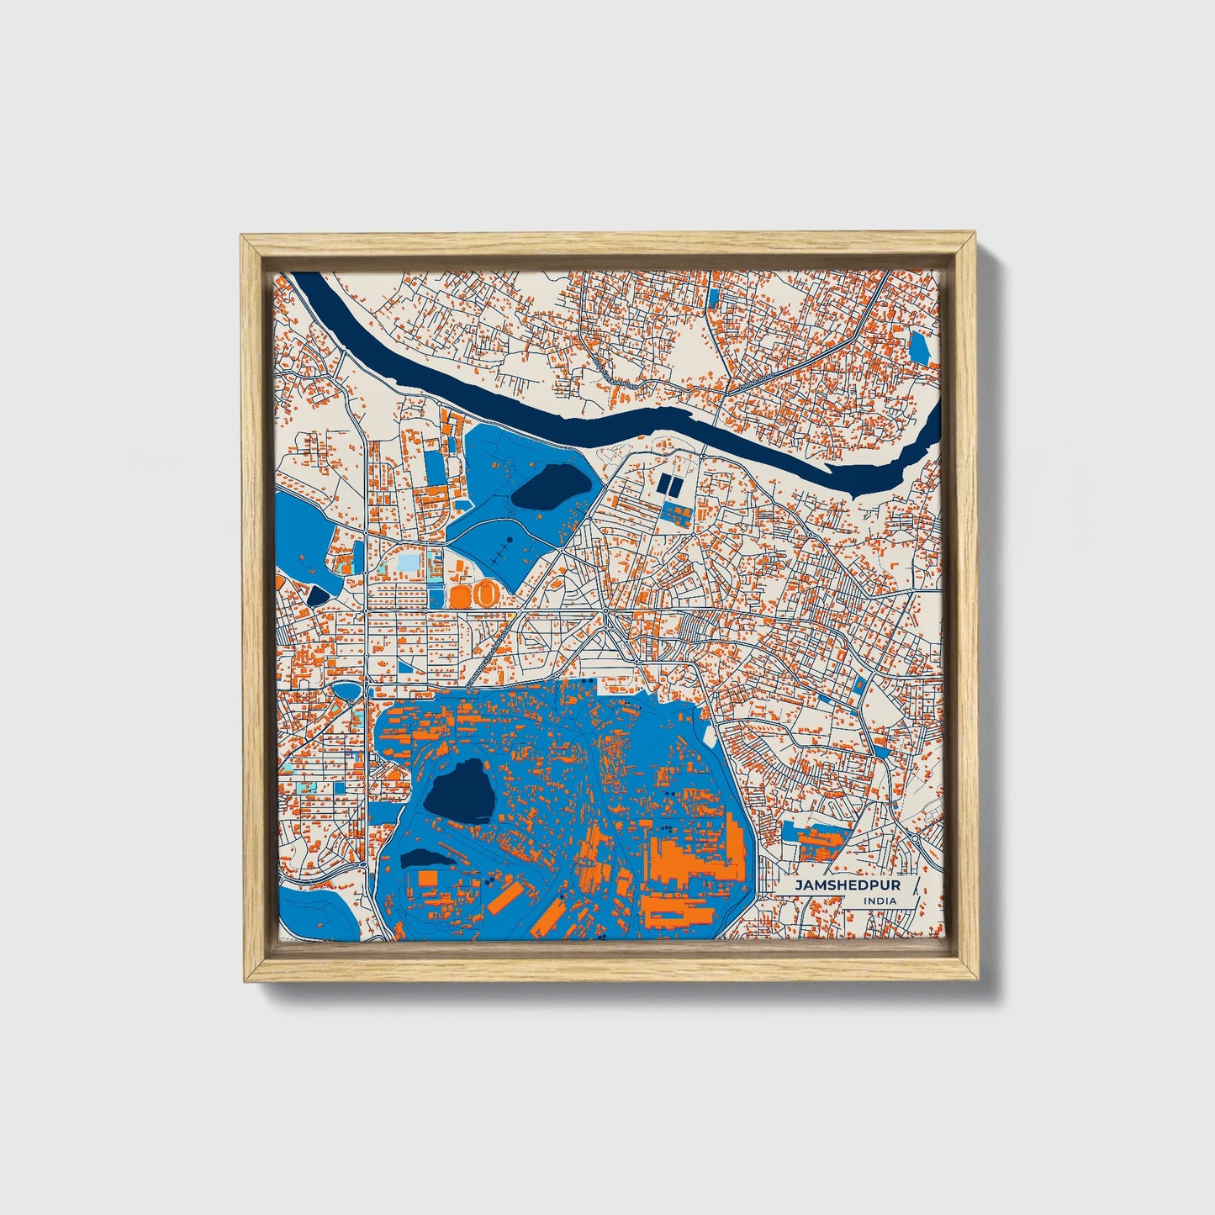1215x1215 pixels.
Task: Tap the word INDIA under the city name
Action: [x=880, y=901]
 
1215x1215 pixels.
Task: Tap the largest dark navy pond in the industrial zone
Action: [x=457, y=790]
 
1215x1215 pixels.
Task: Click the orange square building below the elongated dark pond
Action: [x=427, y=878]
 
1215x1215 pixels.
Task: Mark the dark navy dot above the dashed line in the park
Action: [x=509, y=539]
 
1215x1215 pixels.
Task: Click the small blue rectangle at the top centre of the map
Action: [x=714, y=297]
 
